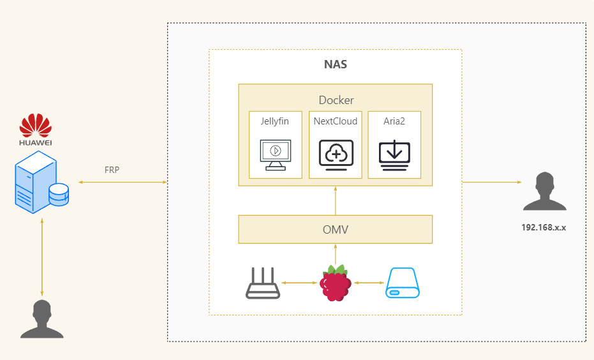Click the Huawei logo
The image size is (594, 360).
coord(35,126)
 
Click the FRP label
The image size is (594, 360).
coord(112,170)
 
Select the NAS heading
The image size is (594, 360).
coord(336,64)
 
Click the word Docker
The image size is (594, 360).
coord(336,100)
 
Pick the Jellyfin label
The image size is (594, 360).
coord(275,121)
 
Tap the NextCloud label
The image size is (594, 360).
coord(336,121)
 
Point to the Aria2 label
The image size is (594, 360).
coord(394,121)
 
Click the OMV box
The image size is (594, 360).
coord(336,229)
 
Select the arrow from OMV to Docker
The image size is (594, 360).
coord(336,200)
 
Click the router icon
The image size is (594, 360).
coord(263,283)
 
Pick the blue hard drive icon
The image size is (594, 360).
coord(403,283)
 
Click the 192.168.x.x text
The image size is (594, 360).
coord(544,227)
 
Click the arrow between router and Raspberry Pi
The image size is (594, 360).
coord(299,283)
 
